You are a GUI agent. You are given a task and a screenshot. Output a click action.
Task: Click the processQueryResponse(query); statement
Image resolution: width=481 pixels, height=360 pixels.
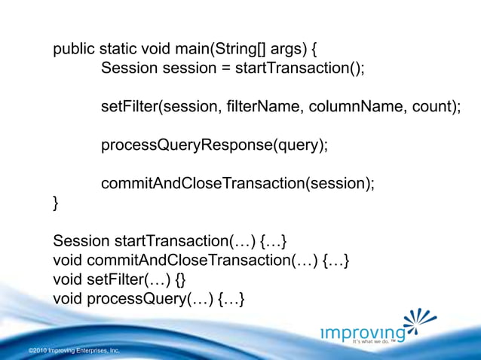pos(214,145)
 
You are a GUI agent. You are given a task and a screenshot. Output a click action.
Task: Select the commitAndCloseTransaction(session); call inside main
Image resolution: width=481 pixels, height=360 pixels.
pos(237,184)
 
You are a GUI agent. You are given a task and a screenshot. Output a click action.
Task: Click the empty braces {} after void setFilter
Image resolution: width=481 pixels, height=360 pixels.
pos(179,280)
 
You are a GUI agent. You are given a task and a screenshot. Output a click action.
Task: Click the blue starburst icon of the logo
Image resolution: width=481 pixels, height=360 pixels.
pos(419,322)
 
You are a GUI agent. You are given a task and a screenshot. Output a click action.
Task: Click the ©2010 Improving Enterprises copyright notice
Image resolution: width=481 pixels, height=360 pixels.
pos(73,351)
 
